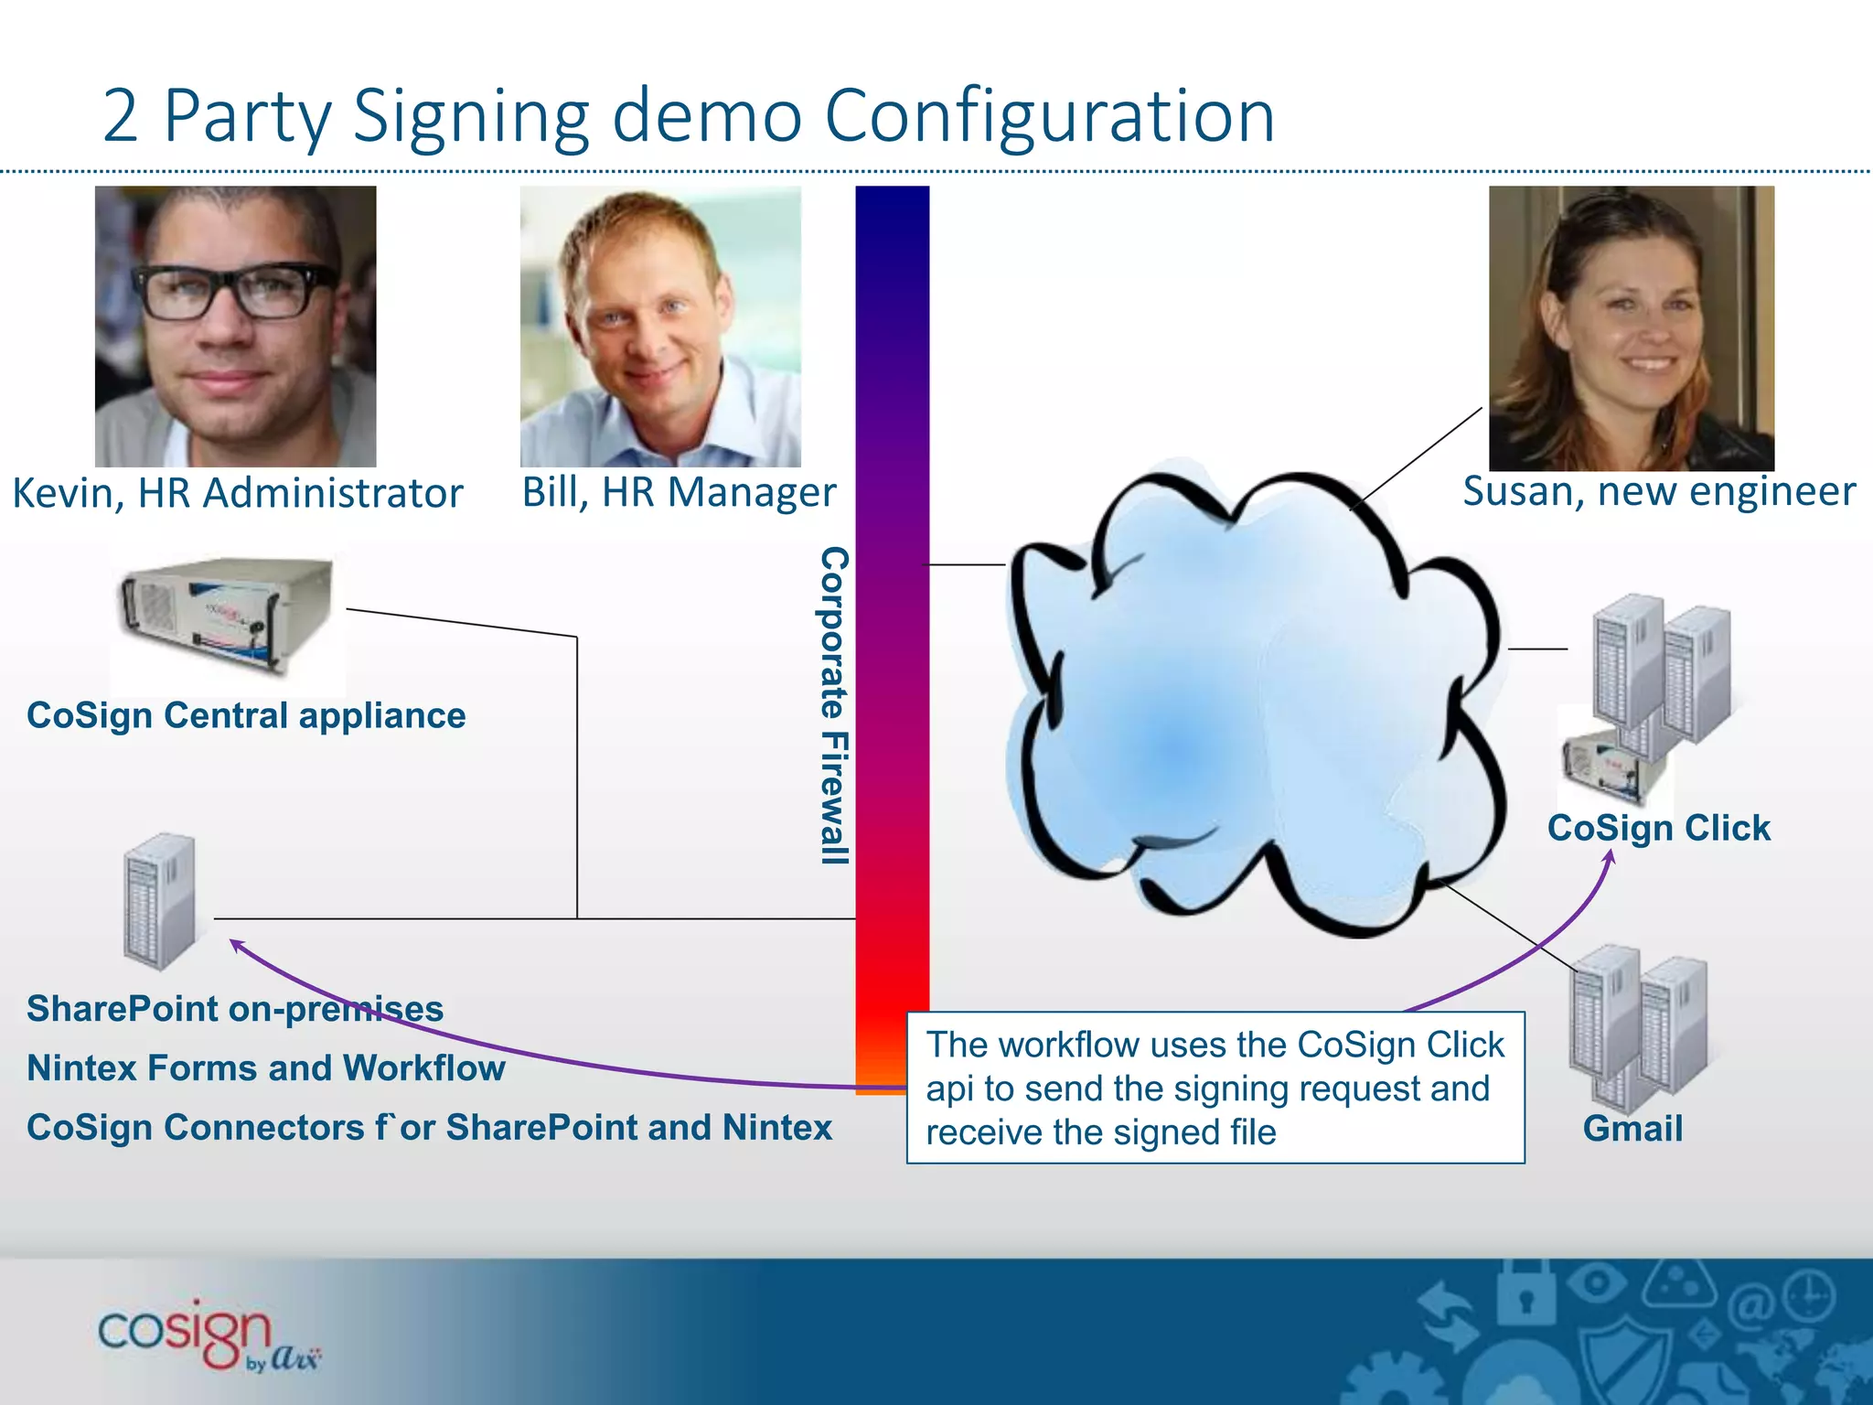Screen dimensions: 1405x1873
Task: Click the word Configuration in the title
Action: pyautogui.click(x=1049, y=117)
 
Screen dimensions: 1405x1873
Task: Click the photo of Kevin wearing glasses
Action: pyautogui.click(x=235, y=327)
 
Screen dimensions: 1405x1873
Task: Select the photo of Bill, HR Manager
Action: pyautogui.click(x=660, y=327)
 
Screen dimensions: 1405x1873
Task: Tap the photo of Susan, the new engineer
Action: pyautogui.click(x=1631, y=328)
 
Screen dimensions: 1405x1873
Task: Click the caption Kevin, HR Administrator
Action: pyautogui.click(x=237, y=493)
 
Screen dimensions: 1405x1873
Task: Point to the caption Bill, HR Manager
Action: pyautogui.click(x=679, y=492)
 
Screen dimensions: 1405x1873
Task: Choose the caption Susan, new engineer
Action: pyautogui.click(x=1658, y=491)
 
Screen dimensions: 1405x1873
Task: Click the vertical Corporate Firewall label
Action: pyautogui.click(x=834, y=705)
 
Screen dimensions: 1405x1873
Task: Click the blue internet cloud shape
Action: pyautogui.click(x=1253, y=704)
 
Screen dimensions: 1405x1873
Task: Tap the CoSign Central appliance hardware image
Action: pyautogui.click(x=227, y=616)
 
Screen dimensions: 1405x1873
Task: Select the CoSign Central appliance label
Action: pyautogui.click(x=246, y=715)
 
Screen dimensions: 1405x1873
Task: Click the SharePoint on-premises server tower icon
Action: pyautogui.click(x=160, y=902)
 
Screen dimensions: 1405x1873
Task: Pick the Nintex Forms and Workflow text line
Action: pyautogui.click(x=265, y=1068)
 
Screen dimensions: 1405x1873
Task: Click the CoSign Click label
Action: pyautogui.click(x=1658, y=828)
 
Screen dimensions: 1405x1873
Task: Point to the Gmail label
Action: pyautogui.click(x=1632, y=1129)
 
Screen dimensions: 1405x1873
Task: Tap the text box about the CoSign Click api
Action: pyautogui.click(x=1215, y=1088)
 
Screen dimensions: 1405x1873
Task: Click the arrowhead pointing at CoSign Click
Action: pyautogui.click(x=1611, y=857)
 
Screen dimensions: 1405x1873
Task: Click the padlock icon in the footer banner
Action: pyautogui.click(x=1524, y=1292)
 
